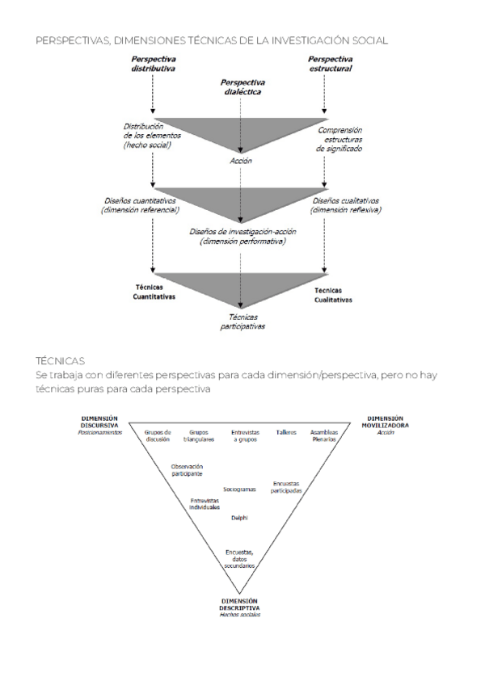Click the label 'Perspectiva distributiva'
[x=153, y=64]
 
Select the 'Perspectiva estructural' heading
[x=330, y=64]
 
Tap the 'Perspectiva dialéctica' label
[x=242, y=87]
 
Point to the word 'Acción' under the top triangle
[x=241, y=161]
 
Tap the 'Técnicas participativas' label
[x=242, y=321]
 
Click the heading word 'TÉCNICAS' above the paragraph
[x=61, y=360]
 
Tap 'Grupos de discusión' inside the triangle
[x=158, y=435]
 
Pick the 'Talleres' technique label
[x=286, y=432]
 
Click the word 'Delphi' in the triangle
[x=239, y=517]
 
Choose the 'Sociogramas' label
[x=239, y=490]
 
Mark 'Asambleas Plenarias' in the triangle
[x=324, y=435]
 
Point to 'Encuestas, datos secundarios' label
[x=240, y=559]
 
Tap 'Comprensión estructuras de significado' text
[x=339, y=139]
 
